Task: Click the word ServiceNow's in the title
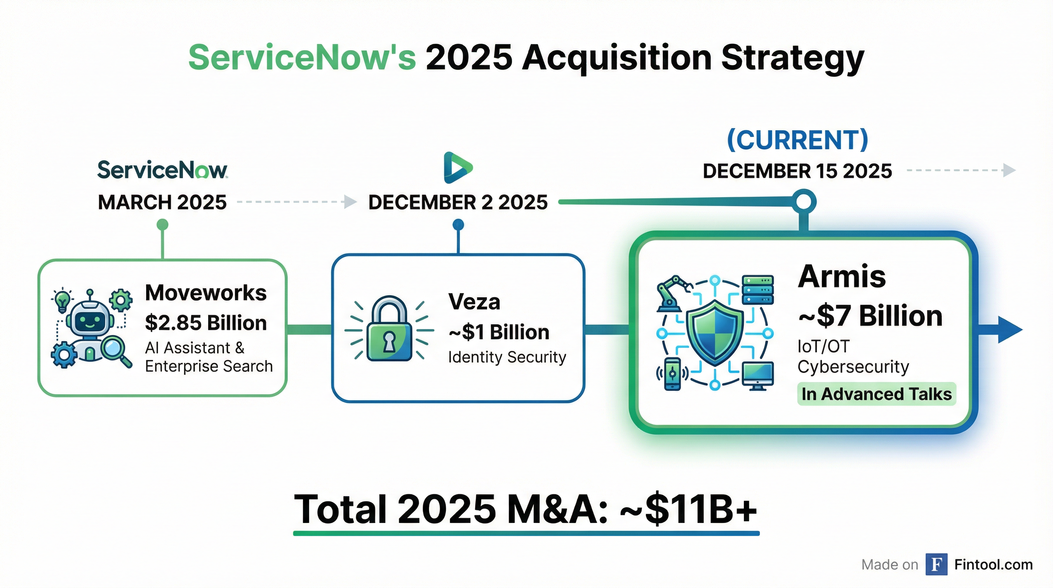click(302, 58)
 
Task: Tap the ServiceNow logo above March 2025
click(162, 170)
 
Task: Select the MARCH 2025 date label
click(162, 203)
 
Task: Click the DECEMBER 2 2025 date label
click(458, 203)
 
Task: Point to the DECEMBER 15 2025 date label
click(797, 171)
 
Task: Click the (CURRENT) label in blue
click(797, 140)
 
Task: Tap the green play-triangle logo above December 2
click(457, 168)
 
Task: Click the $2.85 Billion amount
click(206, 323)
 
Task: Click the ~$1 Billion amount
click(499, 332)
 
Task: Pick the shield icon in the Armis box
click(714, 332)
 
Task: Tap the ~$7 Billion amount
click(870, 316)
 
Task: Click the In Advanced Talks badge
click(876, 394)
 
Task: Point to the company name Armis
click(842, 277)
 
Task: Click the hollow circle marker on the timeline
click(804, 202)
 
